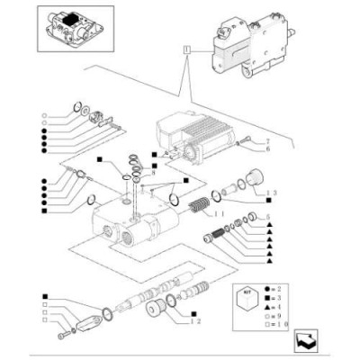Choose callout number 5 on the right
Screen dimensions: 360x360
click(x=266, y=217)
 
